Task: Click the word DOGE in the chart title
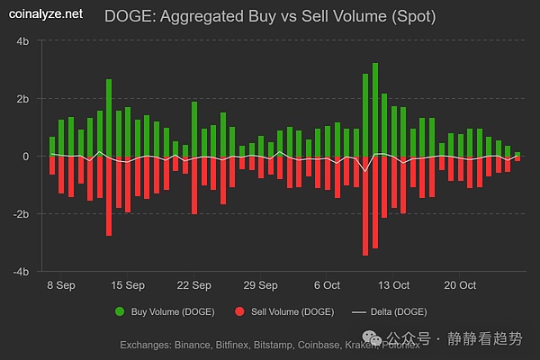pyautogui.click(x=128, y=15)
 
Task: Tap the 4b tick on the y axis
pyautogui.click(x=23, y=42)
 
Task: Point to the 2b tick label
pyautogui.click(x=23, y=99)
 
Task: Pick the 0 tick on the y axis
pyautogui.click(x=27, y=157)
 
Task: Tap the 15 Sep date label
pyautogui.click(x=127, y=285)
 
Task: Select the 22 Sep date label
pyautogui.click(x=193, y=285)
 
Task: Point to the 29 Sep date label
pyautogui.click(x=260, y=285)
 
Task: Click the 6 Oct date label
pyautogui.click(x=327, y=285)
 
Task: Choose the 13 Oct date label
pyautogui.click(x=393, y=285)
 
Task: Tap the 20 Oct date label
pyautogui.click(x=460, y=285)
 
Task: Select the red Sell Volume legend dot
pyautogui.click(x=238, y=311)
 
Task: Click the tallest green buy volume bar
pyautogui.click(x=375, y=108)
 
